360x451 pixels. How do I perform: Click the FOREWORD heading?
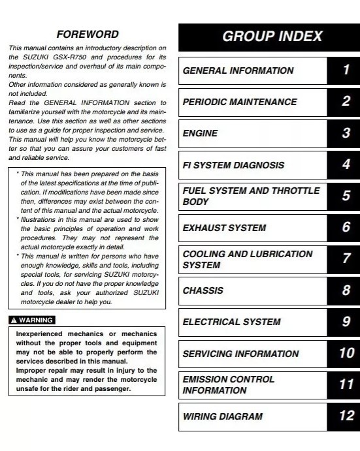point(87,34)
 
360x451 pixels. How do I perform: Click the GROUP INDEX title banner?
point(269,37)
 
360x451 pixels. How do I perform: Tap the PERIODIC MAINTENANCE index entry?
point(239,102)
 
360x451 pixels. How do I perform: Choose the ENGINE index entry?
point(200,134)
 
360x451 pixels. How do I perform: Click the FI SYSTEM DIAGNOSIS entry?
point(233,165)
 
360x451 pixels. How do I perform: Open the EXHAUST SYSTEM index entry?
point(224,228)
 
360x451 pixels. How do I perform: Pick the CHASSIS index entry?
point(203,290)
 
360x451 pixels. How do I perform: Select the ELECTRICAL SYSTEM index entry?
point(231,322)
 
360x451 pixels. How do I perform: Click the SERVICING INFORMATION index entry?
point(240,354)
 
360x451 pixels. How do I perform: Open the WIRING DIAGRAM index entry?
point(222,416)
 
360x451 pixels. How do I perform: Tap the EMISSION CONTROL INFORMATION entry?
point(228,385)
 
